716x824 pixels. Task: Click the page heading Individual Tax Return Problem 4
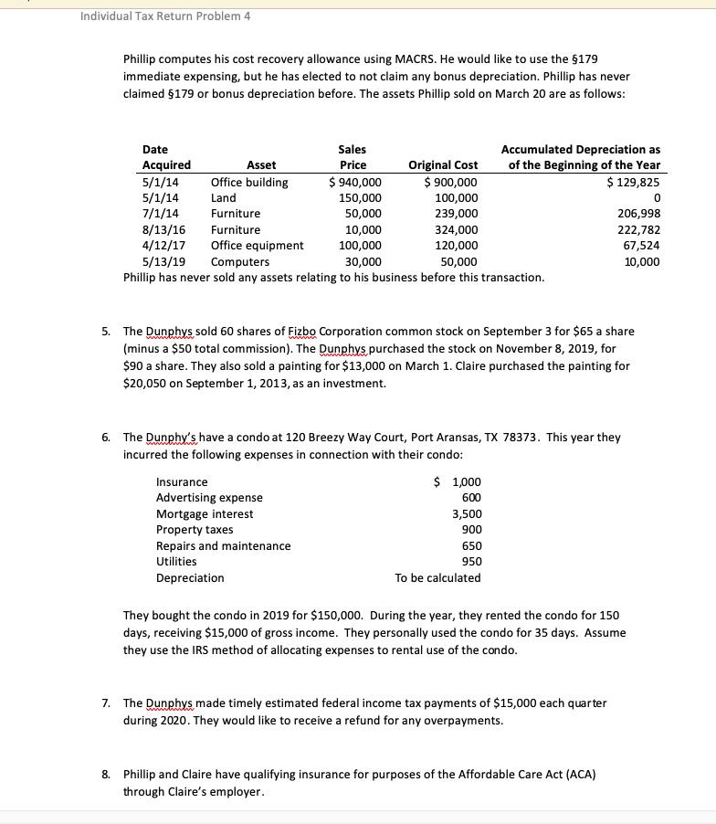(165, 16)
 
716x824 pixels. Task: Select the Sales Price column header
(353, 157)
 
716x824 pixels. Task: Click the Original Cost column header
(442, 165)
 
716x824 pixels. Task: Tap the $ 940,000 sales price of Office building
(355, 182)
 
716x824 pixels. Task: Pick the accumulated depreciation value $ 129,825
(634, 182)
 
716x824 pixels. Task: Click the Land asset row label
(223, 197)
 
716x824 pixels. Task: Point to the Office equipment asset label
(257, 246)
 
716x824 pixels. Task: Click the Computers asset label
(239, 262)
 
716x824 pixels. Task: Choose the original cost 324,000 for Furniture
(456, 230)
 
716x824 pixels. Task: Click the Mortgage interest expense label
(205, 514)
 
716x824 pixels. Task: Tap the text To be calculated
(437, 578)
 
